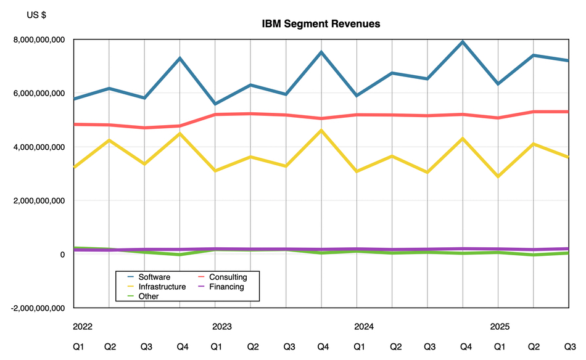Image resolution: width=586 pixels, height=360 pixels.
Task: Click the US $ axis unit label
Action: click(36, 15)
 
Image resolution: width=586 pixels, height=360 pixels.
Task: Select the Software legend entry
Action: click(154, 277)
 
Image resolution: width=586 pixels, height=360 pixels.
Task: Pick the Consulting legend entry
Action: click(228, 277)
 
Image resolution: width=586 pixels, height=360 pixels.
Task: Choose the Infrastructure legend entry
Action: click(162, 287)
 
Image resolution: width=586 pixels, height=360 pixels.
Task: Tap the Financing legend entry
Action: click(226, 287)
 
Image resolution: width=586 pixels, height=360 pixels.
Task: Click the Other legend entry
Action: click(149, 296)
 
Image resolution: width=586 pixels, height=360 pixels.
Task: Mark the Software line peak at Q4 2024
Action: click(463, 42)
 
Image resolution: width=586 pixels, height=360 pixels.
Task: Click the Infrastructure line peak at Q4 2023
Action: click(321, 131)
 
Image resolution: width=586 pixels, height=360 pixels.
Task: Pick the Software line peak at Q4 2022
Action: click(180, 59)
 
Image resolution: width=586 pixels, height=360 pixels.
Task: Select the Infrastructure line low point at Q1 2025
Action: click(498, 177)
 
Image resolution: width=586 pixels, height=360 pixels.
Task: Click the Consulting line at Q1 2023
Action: click(215, 115)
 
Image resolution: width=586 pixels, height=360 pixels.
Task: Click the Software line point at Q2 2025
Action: click(533, 55)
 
